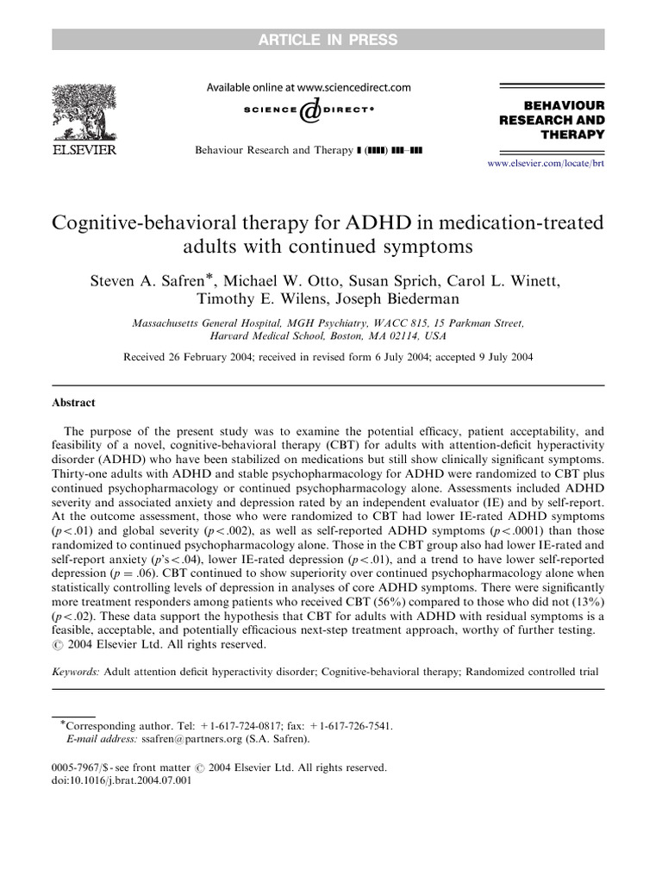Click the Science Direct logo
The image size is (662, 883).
(x=308, y=111)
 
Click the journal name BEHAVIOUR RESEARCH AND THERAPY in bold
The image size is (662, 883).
(x=553, y=120)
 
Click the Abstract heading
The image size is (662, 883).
(x=74, y=403)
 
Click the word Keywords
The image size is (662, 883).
(x=78, y=670)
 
